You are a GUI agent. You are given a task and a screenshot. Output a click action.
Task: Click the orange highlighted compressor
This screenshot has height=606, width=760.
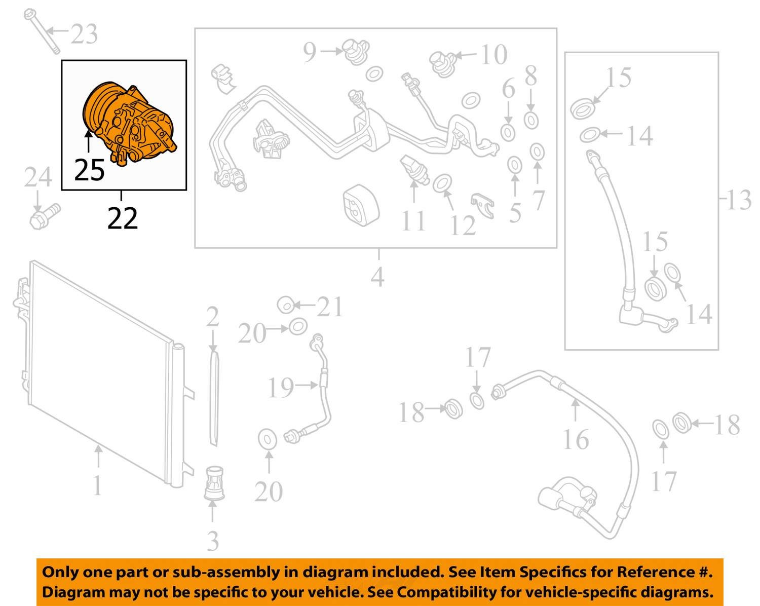(x=129, y=124)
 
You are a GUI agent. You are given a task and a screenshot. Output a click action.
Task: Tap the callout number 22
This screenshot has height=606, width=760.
(x=122, y=218)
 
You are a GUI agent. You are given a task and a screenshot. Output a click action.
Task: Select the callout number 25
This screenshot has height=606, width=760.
(x=89, y=170)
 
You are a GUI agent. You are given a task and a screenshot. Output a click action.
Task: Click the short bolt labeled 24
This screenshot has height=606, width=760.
(x=45, y=216)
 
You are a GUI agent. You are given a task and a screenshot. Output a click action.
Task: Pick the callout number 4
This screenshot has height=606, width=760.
(x=377, y=277)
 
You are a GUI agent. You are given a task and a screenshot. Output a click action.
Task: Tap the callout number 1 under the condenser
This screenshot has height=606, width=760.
(x=97, y=485)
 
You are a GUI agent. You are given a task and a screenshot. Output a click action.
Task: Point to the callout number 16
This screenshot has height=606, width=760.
(x=576, y=439)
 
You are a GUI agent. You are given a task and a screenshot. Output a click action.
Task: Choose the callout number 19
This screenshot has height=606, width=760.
(x=281, y=388)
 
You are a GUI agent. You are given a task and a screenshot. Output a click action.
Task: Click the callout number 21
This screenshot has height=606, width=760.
(x=329, y=307)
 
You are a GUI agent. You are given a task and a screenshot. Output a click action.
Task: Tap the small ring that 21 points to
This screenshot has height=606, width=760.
(x=286, y=305)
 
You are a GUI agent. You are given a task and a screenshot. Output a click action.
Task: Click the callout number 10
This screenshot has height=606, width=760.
(x=494, y=54)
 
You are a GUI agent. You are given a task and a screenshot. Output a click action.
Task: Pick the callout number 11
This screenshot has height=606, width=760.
(x=413, y=221)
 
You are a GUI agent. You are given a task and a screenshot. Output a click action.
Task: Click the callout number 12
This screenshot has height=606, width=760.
(x=463, y=225)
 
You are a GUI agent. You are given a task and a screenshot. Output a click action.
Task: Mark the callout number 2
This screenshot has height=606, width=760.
(x=213, y=316)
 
